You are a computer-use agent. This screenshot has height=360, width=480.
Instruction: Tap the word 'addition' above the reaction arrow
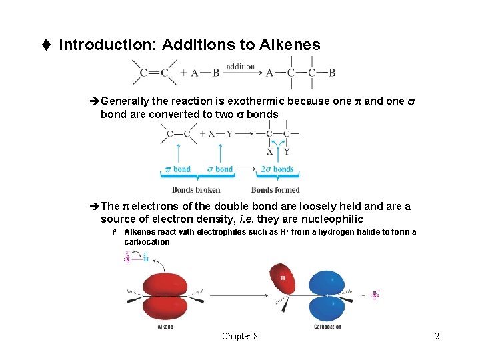pyautogui.click(x=241, y=67)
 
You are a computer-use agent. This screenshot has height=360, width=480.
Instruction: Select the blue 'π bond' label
pyautogui.click(x=177, y=169)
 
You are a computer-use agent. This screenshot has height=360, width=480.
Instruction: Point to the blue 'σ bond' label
pyautogui.click(x=220, y=169)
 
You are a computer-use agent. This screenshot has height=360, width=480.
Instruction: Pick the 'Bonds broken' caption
pyautogui.click(x=196, y=190)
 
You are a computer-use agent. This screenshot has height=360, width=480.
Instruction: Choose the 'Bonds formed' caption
pyautogui.click(x=275, y=190)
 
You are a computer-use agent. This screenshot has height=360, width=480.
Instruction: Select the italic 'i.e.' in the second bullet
pyautogui.click(x=249, y=219)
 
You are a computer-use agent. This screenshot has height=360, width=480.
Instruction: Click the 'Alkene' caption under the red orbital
pyautogui.click(x=165, y=327)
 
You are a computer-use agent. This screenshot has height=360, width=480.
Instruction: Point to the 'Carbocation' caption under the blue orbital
pyautogui.click(x=327, y=327)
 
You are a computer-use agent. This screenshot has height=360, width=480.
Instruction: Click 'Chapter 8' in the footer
pyautogui.click(x=240, y=337)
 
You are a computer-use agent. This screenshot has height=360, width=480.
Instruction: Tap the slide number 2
pyautogui.click(x=437, y=337)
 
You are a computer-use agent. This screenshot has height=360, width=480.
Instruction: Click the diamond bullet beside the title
pyautogui.click(x=45, y=45)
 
